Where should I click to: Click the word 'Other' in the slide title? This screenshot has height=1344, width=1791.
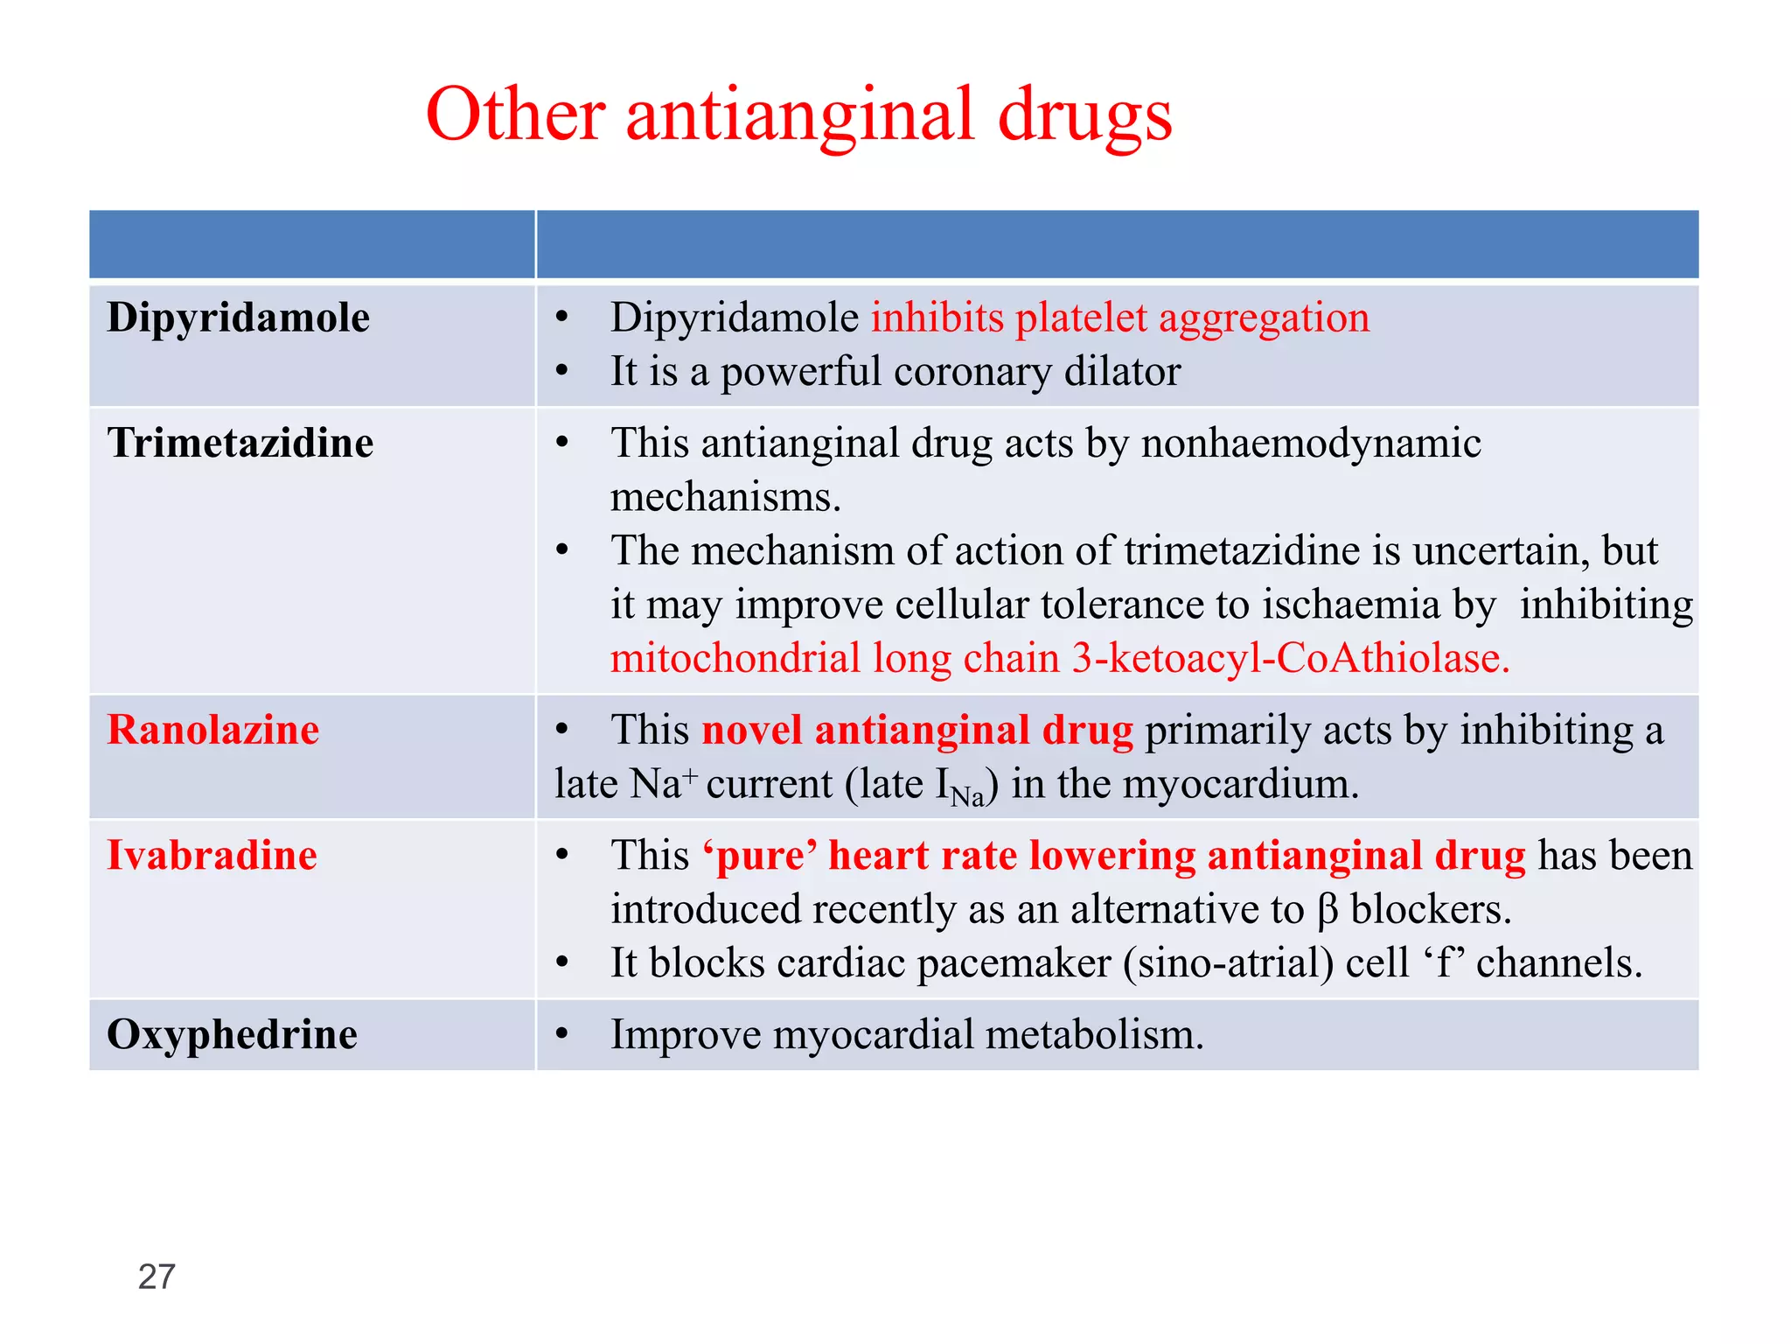click(515, 115)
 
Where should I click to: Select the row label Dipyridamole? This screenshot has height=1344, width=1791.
click(238, 318)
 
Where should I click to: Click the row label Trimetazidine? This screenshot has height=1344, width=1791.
click(240, 443)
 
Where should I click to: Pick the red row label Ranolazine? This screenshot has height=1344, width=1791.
click(213, 730)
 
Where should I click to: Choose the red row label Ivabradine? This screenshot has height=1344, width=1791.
click(212, 855)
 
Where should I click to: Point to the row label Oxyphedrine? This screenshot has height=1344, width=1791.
click(232, 1034)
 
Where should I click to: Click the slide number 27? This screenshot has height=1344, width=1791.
click(157, 1277)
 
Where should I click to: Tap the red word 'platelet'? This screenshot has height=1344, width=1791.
click(1081, 318)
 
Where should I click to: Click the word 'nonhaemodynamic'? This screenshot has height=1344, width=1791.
click(1311, 443)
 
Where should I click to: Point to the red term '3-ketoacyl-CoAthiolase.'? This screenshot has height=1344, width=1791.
click(1291, 658)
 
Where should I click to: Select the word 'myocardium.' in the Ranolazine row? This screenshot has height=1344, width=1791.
click(1241, 784)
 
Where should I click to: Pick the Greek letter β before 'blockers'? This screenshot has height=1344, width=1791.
click(1327, 910)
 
